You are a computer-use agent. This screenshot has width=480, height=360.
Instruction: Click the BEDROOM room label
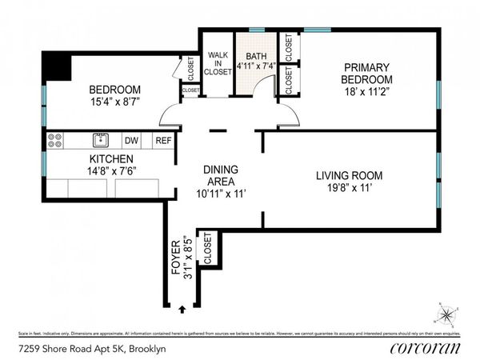pos(114,89)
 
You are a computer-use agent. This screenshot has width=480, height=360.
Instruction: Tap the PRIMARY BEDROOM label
pos(366,74)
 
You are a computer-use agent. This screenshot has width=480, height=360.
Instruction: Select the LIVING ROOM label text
pos(349,175)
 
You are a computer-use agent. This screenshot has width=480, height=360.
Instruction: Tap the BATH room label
pos(256,56)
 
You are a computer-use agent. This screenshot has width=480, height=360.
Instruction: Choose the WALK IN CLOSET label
pos(217,62)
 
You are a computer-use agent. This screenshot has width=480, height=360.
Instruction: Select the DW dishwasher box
pos(132,141)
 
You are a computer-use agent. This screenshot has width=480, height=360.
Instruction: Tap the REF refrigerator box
pos(162,141)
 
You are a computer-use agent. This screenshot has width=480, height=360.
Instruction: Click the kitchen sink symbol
pos(101,141)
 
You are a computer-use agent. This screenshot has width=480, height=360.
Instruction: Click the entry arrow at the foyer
pos(182,308)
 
